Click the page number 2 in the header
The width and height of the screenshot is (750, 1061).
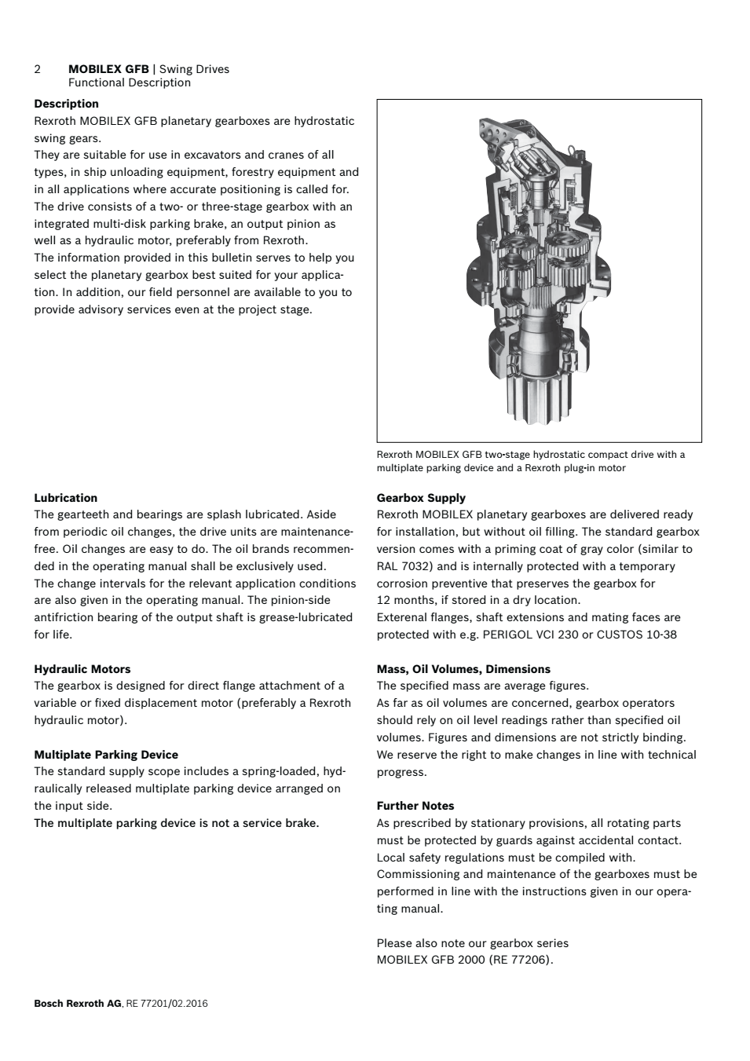38,69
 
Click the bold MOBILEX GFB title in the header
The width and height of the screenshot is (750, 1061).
108,69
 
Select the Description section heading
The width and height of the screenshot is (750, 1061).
66,104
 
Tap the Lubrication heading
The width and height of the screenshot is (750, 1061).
65,498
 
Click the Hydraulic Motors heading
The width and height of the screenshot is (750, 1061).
82,669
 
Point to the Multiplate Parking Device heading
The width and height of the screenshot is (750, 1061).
105,755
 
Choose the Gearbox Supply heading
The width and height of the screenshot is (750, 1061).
421,498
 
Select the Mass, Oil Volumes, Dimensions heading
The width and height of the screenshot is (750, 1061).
463,669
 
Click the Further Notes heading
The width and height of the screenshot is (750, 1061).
415,806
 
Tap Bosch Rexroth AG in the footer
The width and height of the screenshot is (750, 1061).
78,1003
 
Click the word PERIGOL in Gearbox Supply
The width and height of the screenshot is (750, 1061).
507,635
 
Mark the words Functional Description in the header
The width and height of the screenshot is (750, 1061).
129,82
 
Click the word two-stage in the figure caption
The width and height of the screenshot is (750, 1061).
507,454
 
